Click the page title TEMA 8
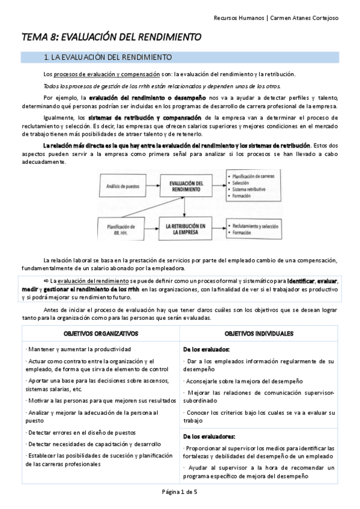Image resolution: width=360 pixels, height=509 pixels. click(111, 37)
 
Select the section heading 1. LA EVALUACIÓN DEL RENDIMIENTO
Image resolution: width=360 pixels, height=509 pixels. click(108, 58)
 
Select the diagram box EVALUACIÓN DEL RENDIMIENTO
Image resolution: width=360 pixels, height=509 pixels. click(190, 186)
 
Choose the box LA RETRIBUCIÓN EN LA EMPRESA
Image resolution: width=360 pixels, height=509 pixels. click(190, 229)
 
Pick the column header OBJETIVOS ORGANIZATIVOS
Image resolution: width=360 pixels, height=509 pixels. click(101, 333)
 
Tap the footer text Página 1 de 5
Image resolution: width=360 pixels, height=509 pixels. click(180, 492)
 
